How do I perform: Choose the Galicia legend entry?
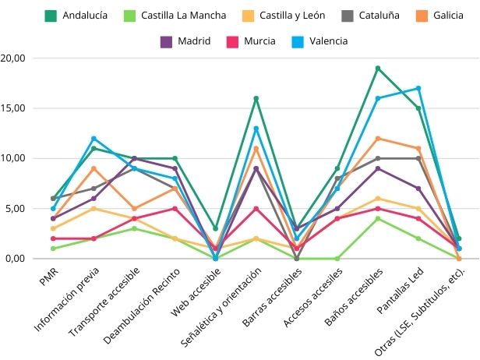coord(443,15)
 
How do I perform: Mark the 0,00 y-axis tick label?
coord(16,259)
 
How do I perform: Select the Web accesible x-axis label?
coord(195,293)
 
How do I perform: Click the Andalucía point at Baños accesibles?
coord(378,68)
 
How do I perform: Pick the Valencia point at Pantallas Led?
coord(418,88)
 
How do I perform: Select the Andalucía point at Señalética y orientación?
coord(256,98)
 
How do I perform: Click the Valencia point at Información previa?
coord(94,139)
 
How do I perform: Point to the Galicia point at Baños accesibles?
coord(378,139)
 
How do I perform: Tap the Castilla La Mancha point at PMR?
coord(53,249)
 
